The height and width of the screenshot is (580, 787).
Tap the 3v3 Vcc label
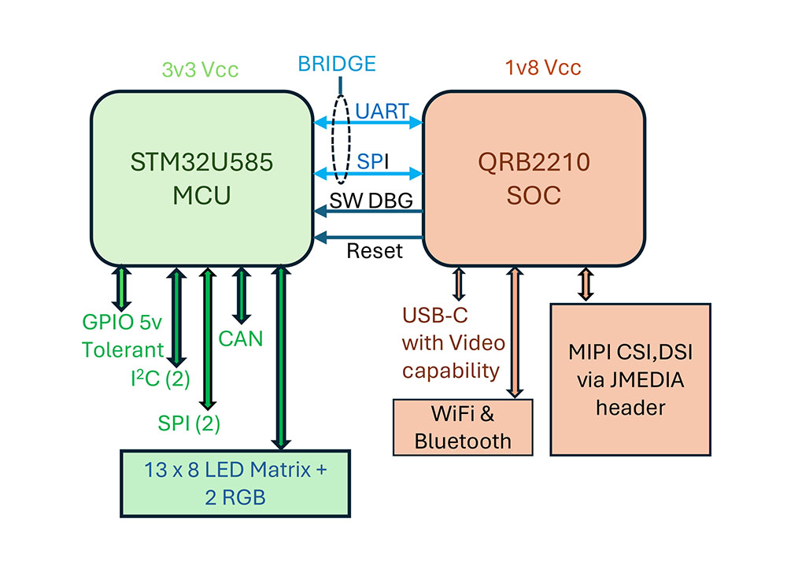200,69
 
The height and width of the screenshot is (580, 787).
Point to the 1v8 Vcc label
543,68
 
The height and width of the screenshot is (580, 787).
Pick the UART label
382,111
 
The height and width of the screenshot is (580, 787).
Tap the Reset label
375,251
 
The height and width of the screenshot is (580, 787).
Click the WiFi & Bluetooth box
463,427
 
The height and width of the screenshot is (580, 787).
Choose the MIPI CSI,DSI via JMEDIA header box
630,379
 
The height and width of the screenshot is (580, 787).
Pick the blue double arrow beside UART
368,124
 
